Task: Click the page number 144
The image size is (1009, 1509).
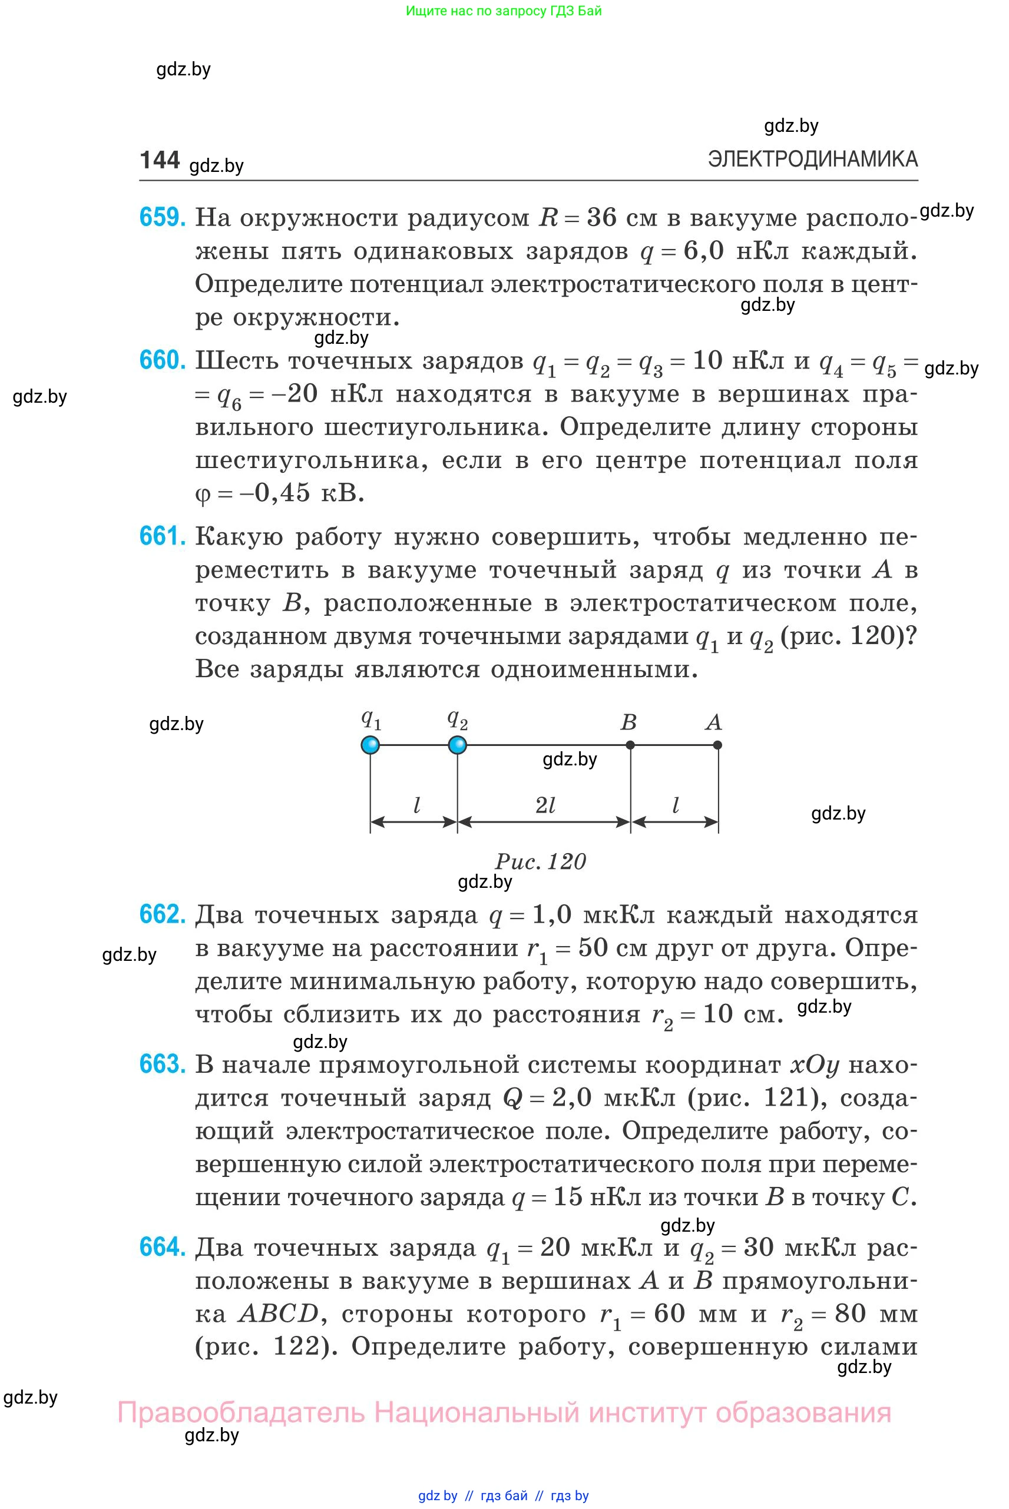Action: (x=159, y=160)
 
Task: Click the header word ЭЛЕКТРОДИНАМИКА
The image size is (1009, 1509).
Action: (x=812, y=159)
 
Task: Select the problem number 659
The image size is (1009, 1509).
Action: (x=162, y=217)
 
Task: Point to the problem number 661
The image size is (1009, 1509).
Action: (x=162, y=536)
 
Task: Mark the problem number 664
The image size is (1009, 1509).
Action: (x=162, y=1247)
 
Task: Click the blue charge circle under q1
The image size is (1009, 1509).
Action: (x=370, y=745)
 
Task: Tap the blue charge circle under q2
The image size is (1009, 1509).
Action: (x=457, y=745)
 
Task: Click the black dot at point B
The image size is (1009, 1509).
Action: (x=630, y=745)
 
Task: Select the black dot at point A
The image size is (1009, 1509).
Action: (x=717, y=745)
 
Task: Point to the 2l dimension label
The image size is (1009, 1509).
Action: (x=545, y=805)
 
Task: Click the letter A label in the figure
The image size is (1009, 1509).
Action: (x=713, y=722)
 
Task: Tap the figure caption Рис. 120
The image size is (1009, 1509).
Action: (x=541, y=861)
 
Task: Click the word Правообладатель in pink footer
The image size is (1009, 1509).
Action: (x=242, y=1412)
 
